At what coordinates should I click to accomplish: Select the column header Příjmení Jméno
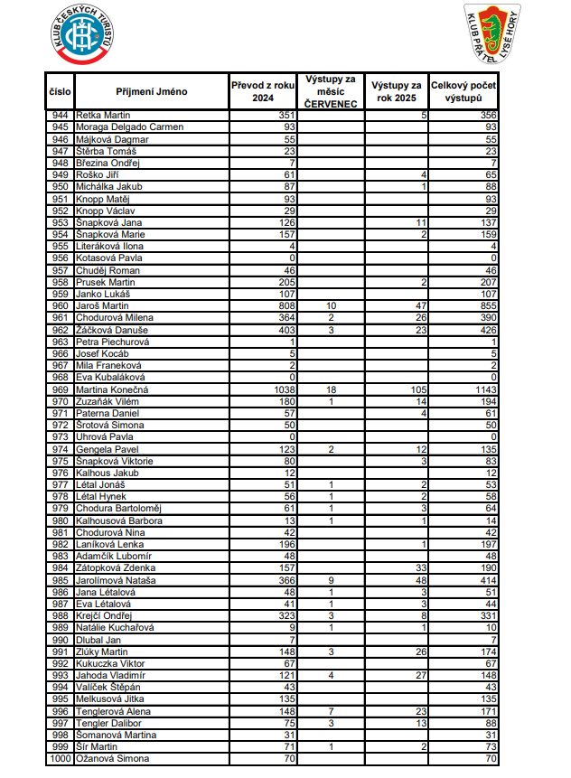point(151,91)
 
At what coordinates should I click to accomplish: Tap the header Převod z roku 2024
point(262,91)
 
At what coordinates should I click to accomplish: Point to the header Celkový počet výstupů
point(464,91)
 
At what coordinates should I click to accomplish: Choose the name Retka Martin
point(104,116)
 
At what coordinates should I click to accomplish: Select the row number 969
point(61,389)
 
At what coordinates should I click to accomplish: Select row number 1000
point(59,759)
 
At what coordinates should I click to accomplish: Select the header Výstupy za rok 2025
point(397,91)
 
